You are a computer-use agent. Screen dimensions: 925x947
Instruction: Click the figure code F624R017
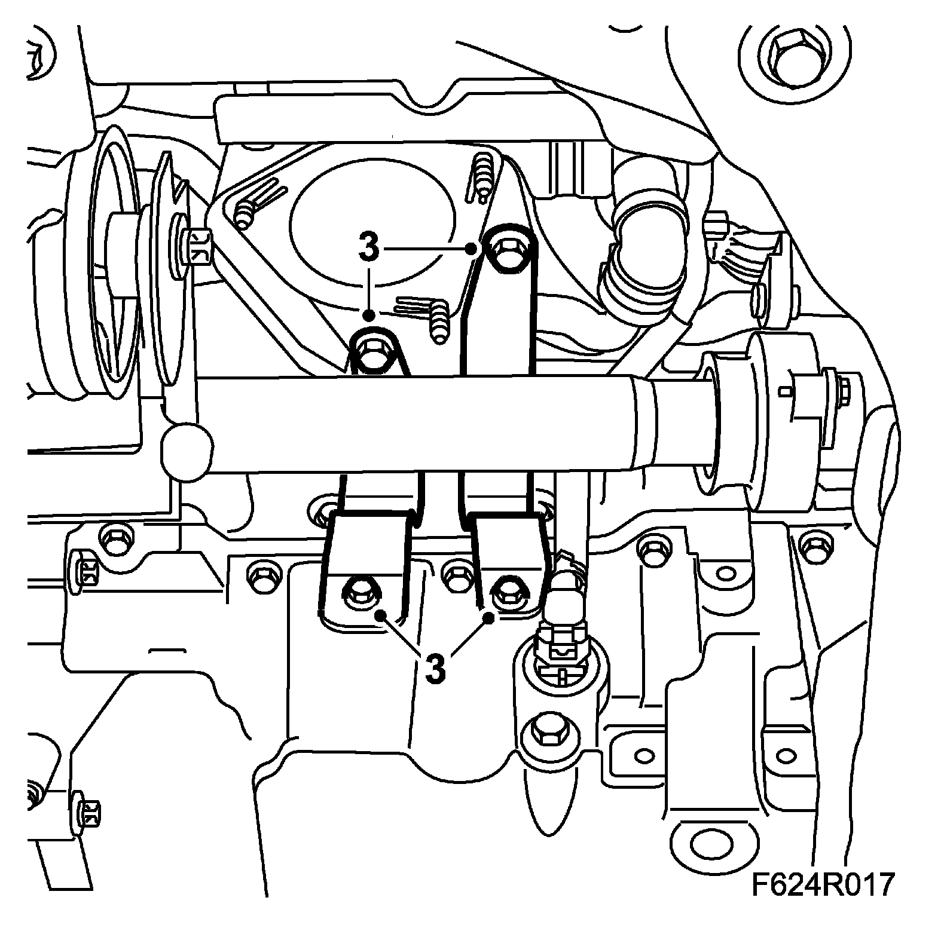[x=823, y=884]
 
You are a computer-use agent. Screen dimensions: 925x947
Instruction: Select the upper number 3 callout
[x=369, y=246]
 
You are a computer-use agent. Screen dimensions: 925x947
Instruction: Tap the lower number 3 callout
[x=436, y=668]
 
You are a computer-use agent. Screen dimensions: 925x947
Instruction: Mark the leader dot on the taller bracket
[x=472, y=247]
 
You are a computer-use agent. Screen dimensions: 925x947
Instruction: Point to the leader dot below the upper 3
[x=369, y=314]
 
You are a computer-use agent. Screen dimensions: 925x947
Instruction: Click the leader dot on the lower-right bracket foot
[x=489, y=618]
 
